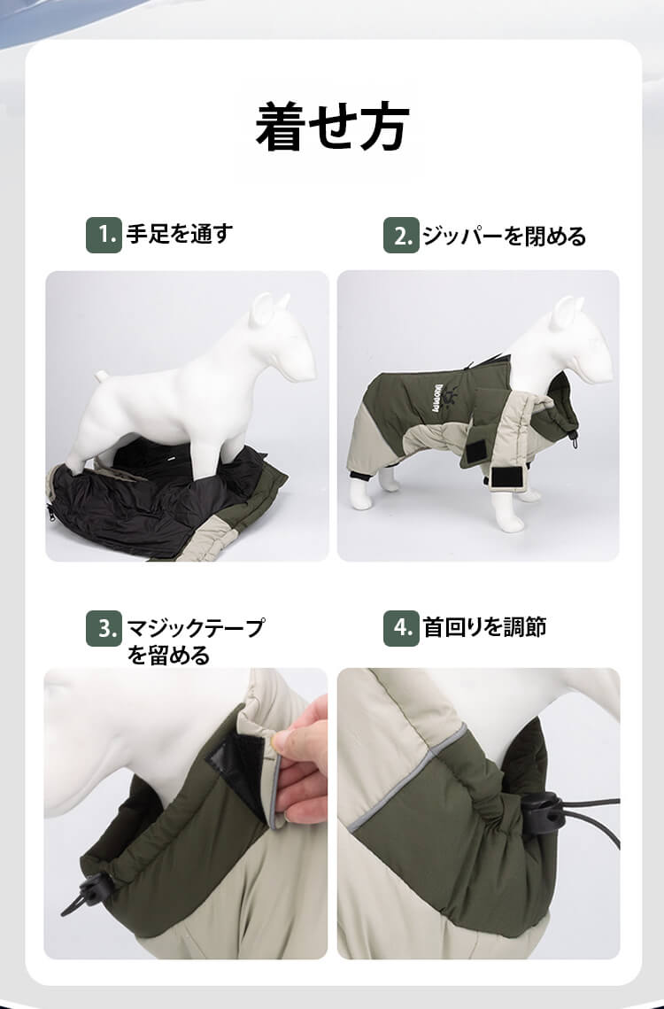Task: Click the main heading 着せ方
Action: point(332,127)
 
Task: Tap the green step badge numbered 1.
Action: point(104,235)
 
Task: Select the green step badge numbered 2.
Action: point(401,236)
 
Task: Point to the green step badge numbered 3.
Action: point(104,628)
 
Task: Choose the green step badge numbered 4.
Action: point(401,628)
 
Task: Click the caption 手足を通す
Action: point(180,234)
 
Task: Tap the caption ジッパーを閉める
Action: point(504,237)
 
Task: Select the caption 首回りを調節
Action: point(484,627)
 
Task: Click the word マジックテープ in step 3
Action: point(196,627)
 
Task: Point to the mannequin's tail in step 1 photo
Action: point(103,376)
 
